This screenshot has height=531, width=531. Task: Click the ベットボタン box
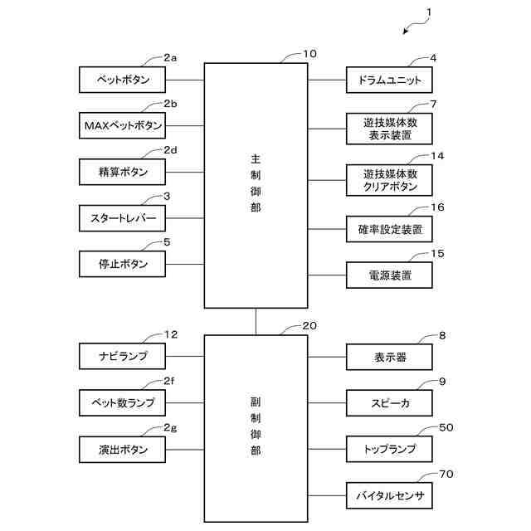click(x=122, y=80)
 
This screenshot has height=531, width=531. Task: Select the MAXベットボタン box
click(x=122, y=126)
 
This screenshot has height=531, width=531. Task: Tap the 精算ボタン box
click(x=122, y=172)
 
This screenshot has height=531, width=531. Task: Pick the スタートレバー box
click(x=122, y=219)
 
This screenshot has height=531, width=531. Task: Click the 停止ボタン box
click(x=122, y=265)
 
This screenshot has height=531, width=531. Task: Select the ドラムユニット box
click(x=389, y=80)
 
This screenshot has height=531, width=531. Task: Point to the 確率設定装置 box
click(x=389, y=228)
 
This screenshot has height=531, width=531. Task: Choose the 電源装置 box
click(x=389, y=275)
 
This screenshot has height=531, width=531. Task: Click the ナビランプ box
click(x=122, y=357)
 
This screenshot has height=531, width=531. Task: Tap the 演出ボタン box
click(x=122, y=450)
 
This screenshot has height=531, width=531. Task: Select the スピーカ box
click(x=389, y=403)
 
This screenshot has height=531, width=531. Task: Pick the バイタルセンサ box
click(x=389, y=496)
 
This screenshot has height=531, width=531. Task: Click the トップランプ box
click(x=389, y=450)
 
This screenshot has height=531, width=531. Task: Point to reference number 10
click(x=309, y=54)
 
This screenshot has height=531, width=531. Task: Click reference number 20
click(x=309, y=327)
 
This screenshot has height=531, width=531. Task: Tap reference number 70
click(x=446, y=475)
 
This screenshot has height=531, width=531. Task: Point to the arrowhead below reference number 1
click(x=407, y=32)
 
